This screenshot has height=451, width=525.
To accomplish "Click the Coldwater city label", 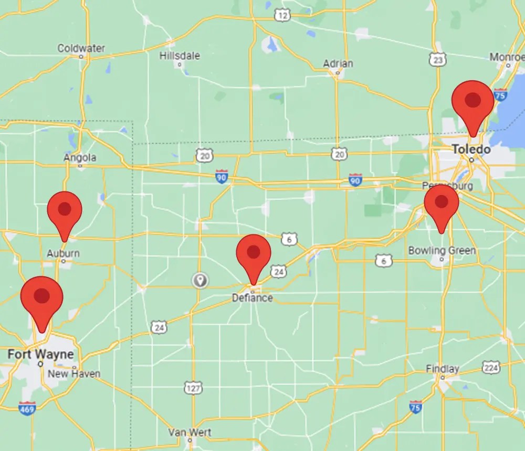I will click(81, 48).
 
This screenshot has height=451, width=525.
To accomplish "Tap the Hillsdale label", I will click(180, 56).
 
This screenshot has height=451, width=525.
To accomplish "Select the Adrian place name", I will click(338, 63).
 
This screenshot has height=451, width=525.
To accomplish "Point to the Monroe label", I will click(507, 57).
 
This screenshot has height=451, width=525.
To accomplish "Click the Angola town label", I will click(80, 158).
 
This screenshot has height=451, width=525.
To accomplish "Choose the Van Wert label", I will click(190, 433).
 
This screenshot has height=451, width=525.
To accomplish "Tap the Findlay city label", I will click(442, 369).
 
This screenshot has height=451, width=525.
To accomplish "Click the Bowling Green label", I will click(442, 251).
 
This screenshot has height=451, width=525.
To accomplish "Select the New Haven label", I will click(73, 374).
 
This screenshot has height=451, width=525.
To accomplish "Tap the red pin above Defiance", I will click(254, 254).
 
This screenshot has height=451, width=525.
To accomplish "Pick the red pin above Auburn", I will click(65, 210).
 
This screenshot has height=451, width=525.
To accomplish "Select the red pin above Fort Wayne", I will click(41, 297).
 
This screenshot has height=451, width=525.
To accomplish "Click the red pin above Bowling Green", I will click(442, 203).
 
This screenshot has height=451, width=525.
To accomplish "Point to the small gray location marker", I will click(199, 280).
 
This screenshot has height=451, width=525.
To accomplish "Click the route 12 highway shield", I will click(282, 16).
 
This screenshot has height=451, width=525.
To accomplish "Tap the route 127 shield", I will click(193, 388).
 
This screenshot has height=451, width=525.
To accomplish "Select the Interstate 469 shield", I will click(27, 408).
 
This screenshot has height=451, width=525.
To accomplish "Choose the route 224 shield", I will click(491, 367).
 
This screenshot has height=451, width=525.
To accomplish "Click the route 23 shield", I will click(437, 60).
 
